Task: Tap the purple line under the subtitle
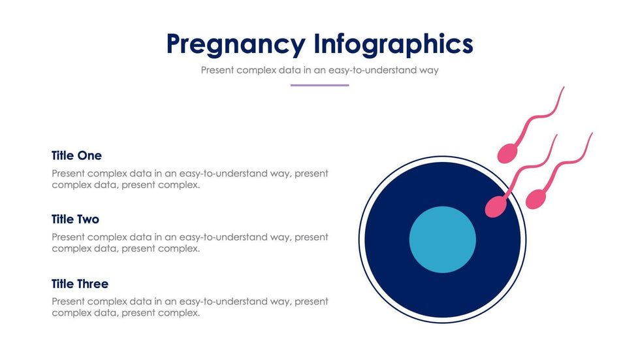pos(319,86)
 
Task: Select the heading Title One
pos(76,155)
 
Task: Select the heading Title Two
pos(75,219)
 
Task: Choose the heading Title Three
pos(80,284)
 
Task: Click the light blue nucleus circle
pos(443,240)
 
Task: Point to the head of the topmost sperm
pos(507,154)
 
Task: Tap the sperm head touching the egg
pos(496,206)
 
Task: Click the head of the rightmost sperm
pos(536,199)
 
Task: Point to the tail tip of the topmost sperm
pos(564,86)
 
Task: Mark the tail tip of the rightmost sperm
pos(592,133)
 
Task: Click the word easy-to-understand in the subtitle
pos(373,70)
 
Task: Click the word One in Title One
pos(89,155)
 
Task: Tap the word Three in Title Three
pos(93,284)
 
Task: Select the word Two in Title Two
pos(88,219)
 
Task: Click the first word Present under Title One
pos(68,174)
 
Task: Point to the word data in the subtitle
pos(289,70)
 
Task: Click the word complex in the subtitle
pos(256,71)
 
